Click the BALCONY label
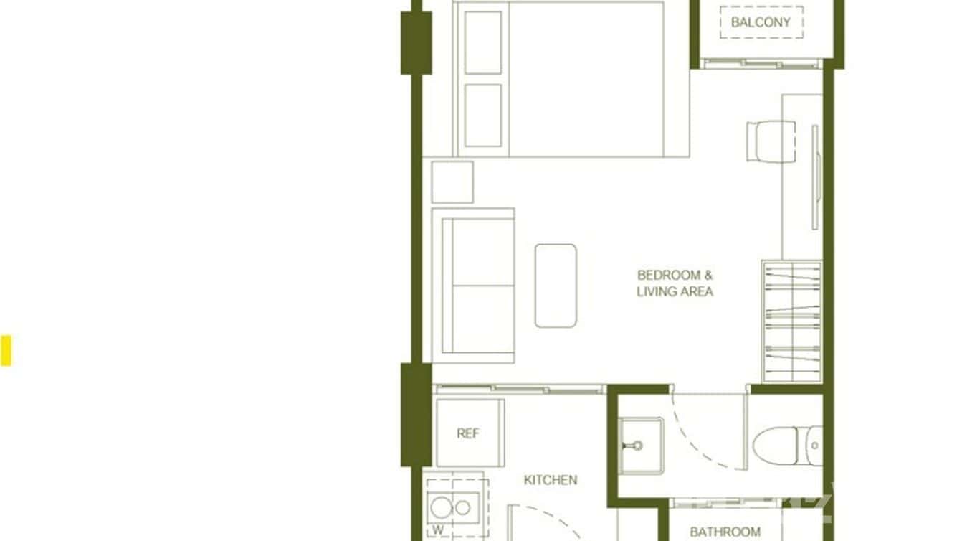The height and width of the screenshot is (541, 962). coord(761,22)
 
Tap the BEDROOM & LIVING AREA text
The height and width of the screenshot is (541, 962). coord(675,283)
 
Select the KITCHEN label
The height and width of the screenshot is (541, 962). coord(551,480)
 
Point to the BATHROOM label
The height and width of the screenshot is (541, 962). coord(725,532)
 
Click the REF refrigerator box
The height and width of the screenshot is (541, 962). coord(469,433)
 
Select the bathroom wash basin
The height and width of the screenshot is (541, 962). coord(641,445)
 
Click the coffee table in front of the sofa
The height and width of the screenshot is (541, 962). coord(556,286)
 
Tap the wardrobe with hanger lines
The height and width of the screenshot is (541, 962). coord(791,321)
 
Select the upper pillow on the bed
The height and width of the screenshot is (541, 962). coord(482,42)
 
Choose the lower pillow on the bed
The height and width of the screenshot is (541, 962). coord(482,116)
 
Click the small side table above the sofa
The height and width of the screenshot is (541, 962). coord(452,182)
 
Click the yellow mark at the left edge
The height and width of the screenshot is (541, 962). coord(6,351)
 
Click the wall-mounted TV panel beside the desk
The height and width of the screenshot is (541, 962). coord(815,177)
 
